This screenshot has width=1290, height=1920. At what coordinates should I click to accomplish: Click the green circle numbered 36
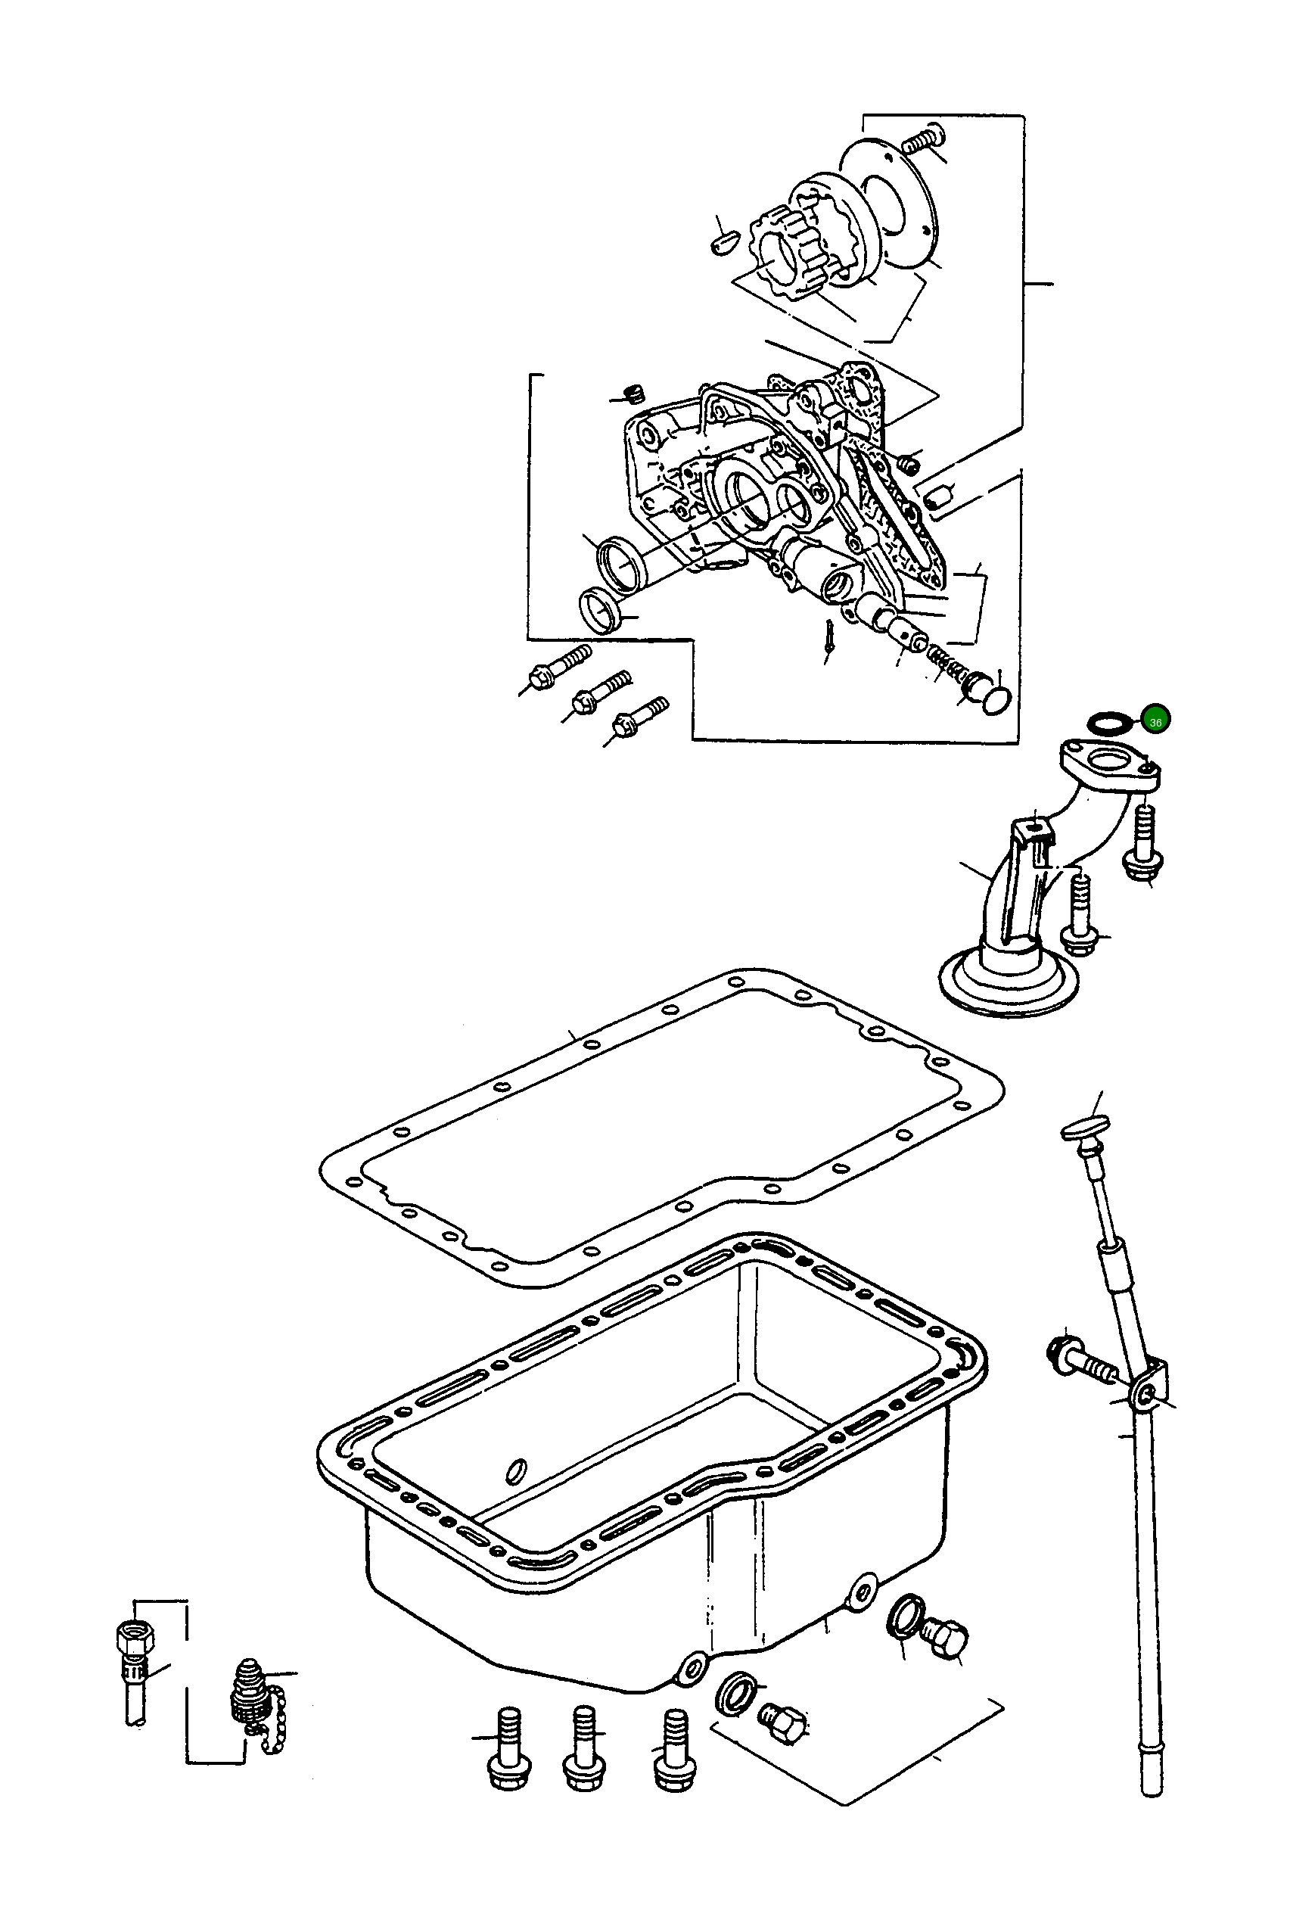click(1155, 721)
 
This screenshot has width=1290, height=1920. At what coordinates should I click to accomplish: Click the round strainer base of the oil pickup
click(1007, 988)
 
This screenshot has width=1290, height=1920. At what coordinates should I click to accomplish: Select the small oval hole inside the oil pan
click(517, 1469)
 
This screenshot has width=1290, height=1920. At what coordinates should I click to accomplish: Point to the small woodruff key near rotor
click(722, 244)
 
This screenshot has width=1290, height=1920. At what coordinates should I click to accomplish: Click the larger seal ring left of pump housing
click(618, 565)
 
